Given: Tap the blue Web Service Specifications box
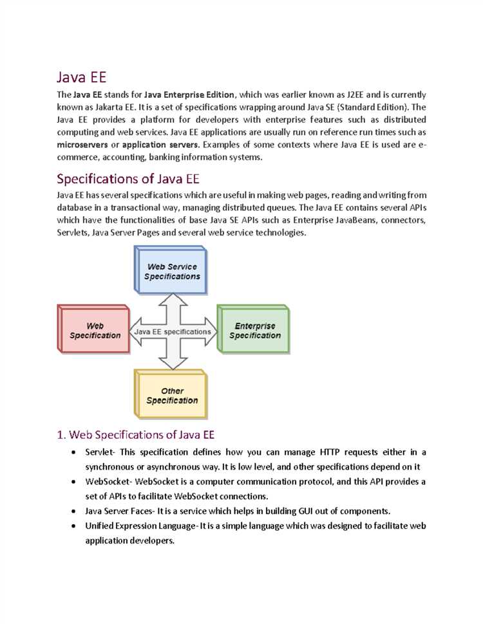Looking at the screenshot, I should tap(171, 271).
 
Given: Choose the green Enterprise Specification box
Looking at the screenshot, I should tap(254, 331).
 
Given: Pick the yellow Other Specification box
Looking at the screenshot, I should tap(171, 395).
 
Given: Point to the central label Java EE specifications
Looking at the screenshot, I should tap(172, 332).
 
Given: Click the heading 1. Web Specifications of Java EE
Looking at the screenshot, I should tap(140, 434).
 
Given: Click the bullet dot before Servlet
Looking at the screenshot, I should tap(77, 453).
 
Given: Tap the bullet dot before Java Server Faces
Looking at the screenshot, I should tap(77, 511).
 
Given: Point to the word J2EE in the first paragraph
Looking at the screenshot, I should tap(357, 95).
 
